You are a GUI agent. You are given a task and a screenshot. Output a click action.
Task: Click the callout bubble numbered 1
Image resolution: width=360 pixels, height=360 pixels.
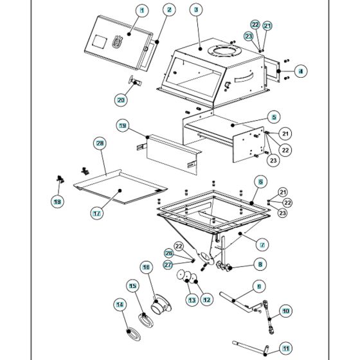point(142,10)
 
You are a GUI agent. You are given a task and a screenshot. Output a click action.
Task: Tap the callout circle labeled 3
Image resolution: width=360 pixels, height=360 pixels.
point(195,10)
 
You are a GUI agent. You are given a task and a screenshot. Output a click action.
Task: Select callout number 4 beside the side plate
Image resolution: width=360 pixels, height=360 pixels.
point(300,71)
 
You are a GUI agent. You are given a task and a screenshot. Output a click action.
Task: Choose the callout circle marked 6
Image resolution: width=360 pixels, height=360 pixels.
point(260,182)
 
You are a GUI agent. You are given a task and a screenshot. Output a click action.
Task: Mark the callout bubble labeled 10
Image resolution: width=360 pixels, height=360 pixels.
point(285,310)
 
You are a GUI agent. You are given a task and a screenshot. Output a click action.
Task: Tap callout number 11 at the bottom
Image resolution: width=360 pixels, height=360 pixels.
point(286,349)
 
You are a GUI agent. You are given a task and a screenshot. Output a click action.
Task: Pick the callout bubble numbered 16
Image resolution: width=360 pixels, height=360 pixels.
point(146,267)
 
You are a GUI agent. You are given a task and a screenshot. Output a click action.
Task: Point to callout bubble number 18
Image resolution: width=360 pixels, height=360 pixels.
point(58,201)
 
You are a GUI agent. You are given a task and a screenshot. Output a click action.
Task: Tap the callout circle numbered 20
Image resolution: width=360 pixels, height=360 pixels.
point(122,100)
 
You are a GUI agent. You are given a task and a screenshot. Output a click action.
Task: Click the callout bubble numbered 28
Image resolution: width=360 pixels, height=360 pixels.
point(100,143)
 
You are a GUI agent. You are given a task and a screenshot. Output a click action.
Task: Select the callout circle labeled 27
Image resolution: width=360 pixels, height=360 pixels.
point(168,264)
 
